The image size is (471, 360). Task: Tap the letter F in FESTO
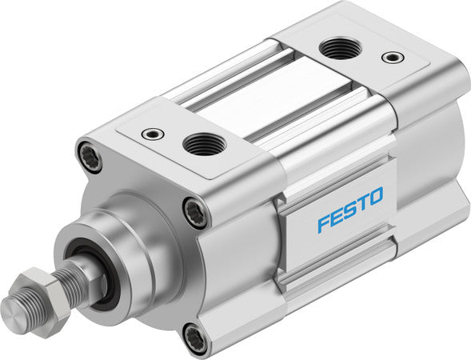322,222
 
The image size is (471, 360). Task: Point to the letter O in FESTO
375,197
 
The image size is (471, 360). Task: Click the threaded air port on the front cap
200,145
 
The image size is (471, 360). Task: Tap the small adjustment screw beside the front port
149,134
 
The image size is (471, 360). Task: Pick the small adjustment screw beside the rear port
391,58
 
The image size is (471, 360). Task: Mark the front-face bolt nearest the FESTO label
196,213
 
